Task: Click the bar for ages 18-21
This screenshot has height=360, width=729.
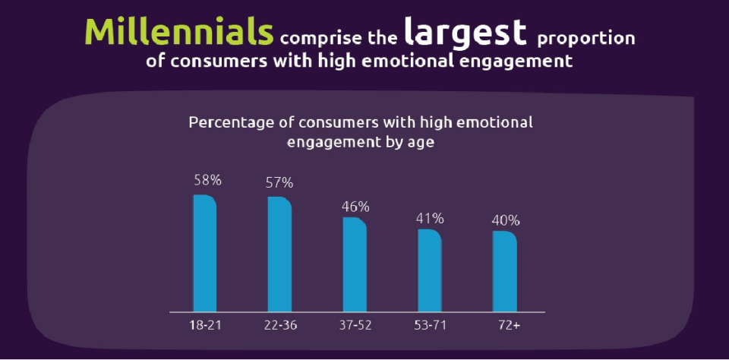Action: [205, 253]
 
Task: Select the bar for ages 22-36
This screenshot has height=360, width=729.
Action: [279, 254]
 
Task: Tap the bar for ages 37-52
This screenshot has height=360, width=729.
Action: [355, 264]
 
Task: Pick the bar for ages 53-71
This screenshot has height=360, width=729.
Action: [429, 270]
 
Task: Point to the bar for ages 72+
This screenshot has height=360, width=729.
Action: [504, 271]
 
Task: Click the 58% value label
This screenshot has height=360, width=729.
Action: [207, 181]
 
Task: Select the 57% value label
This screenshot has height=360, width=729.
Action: [279, 183]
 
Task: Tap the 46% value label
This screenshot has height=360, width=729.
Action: [355, 206]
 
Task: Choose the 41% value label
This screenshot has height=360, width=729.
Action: [429, 218]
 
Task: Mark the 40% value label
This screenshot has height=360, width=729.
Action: [505, 220]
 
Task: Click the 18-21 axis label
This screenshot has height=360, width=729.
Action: [204, 325]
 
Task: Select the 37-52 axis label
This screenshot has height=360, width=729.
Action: [355, 325]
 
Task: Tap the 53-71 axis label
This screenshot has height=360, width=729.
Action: [430, 325]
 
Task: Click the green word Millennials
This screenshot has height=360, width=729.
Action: [179, 32]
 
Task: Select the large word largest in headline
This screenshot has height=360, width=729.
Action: [465, 32]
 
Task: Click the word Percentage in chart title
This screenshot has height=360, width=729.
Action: [229, 122]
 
